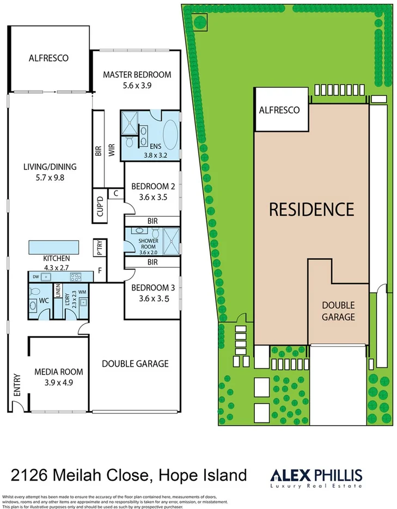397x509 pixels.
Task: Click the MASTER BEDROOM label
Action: (137, 75)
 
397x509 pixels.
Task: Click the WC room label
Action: (44, 300)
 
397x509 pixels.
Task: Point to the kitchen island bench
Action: (52, 246)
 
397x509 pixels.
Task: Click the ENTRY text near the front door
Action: (16, 384)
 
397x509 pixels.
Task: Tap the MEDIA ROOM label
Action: (58, 372)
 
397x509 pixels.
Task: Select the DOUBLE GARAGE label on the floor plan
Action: (135, 364)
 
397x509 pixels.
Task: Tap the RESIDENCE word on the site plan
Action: (312, 208)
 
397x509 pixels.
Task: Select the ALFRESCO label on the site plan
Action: (279, 110)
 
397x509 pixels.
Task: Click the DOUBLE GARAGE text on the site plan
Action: (338, 311)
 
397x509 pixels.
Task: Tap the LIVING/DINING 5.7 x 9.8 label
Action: (49, 172)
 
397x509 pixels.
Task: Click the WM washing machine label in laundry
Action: (82, 292)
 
